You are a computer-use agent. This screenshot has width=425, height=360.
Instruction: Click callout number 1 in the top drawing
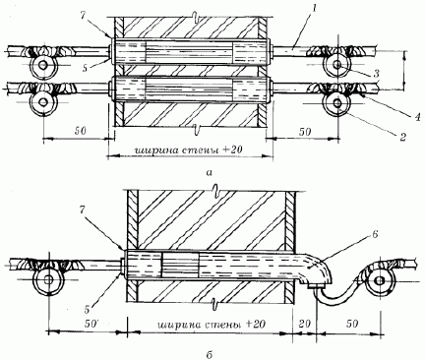click(314, 10)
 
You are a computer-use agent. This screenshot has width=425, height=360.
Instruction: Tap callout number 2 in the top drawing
click(403, 137)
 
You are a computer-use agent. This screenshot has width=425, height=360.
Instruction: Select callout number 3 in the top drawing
click(377, 73)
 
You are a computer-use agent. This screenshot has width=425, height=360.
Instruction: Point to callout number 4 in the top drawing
click(417, 117)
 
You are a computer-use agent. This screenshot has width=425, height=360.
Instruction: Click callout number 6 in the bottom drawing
click(376, 234)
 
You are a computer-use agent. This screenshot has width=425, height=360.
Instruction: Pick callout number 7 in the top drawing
click(84, 16)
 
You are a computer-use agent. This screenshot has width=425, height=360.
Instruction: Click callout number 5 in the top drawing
click(85, 69)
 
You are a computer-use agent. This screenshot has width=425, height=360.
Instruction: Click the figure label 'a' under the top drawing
click(211, 171)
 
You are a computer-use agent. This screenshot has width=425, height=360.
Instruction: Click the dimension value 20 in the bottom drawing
click(304, 324)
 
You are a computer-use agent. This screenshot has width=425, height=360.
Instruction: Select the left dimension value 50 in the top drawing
click(80, 131)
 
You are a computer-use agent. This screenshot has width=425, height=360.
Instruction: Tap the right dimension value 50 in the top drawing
click(305, 131)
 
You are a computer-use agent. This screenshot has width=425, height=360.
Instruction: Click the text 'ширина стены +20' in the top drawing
click(188, 150)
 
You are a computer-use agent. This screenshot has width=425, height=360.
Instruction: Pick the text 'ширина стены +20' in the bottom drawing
click(212, 325)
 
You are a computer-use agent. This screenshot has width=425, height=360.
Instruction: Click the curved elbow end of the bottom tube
click(318, 271)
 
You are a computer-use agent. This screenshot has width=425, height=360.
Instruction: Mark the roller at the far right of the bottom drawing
click(380, 280)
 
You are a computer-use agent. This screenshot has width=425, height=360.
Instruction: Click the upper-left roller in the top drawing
click(43, 66)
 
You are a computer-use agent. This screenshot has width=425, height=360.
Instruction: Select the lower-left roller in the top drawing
click(43, 102)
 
